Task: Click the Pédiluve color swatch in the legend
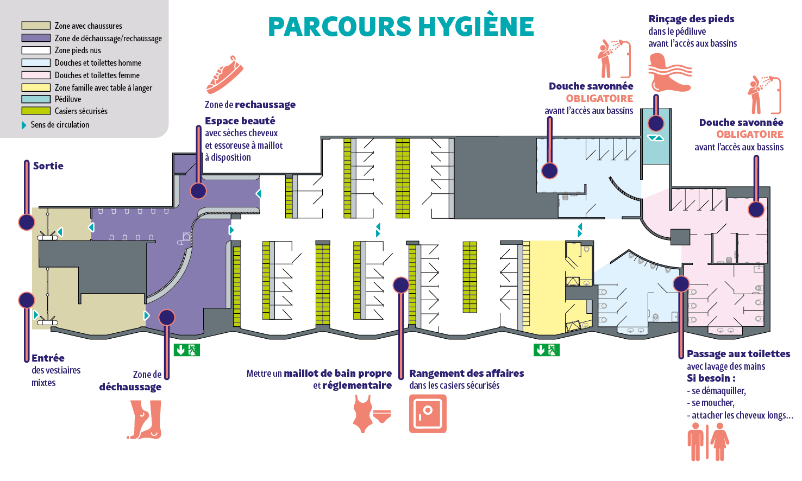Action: (36, 99)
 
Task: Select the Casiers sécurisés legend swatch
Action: (36, 111)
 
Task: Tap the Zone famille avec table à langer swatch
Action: (36, 87)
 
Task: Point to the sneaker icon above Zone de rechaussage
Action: (224, 75)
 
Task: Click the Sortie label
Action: (48, 166)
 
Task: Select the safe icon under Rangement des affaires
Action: (428, 413)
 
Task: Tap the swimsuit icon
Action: (372, 414)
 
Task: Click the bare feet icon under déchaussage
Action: (145, 420)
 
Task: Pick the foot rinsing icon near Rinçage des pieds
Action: (669, 73)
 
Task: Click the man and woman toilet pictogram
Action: (708, 442)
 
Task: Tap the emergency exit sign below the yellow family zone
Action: (547, 350)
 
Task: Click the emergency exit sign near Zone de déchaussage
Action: (186, 350)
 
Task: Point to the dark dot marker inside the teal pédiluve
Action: (656, 123)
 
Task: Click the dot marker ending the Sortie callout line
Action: (27, 222)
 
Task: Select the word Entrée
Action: (48, 358)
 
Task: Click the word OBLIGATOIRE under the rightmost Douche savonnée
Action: (750, 135)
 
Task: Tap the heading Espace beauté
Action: (240, 121)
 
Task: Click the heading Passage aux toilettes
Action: (738, 353)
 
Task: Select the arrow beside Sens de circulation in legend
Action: (24, 125)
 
